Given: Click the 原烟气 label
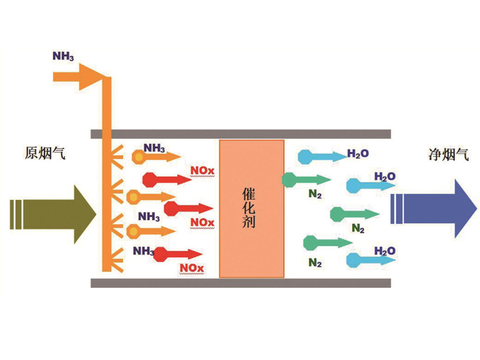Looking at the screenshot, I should click(x=44, y=154).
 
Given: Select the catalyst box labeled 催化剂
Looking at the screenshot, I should click(x=251, y=208).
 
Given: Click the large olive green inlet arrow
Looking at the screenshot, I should click(x=54, y=214).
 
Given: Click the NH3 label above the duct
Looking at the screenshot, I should click(x=64, y=58).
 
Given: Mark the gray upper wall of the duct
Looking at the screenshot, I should click(x=241, y=134).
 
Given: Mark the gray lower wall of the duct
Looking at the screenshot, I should click(x=241, y=283).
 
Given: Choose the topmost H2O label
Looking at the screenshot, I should click(x=358, y=154).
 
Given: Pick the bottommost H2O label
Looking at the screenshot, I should click(x=385, y=250).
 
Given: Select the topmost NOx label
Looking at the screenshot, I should click(x=201, y=171).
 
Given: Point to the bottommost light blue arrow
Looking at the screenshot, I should click(x=370, y=260).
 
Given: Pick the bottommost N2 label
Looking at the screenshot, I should click(x=316, y=262).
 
